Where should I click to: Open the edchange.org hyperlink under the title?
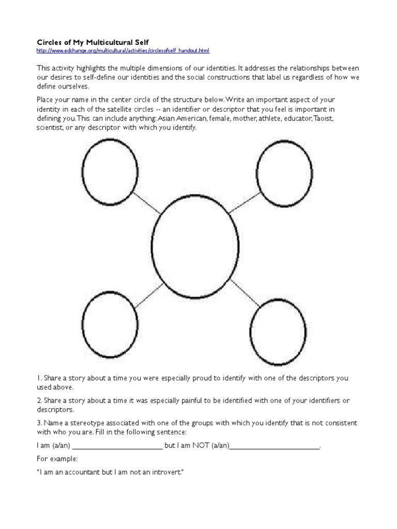point(123,51)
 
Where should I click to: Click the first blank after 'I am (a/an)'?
point(117,446)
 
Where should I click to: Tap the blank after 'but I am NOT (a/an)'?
point(274,446)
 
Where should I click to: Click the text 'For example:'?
point(57,459)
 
